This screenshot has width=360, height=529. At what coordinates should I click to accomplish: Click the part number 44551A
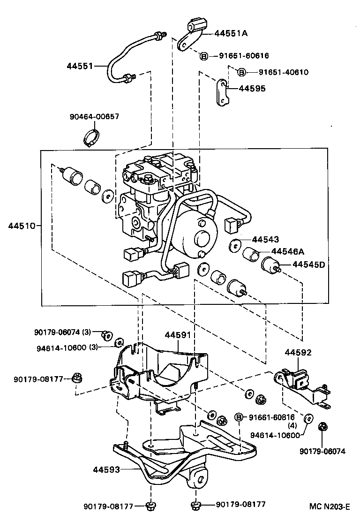click(231, 33)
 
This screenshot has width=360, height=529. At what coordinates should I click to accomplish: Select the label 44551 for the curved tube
click(80, 66)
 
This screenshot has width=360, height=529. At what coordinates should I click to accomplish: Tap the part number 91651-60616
click(244, 56)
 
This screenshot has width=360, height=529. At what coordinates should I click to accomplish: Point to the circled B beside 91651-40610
click(241, 72)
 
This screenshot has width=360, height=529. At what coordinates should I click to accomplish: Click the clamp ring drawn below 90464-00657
click(92, 138)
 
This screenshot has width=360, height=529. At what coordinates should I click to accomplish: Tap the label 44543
click(265, 239)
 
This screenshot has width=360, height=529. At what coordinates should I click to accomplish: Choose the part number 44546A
click(287, 252)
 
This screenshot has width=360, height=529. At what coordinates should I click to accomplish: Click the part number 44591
click(177, 335)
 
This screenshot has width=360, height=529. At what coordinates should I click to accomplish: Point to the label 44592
click(298, 352)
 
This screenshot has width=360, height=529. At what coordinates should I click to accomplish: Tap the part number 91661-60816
click(271, 417)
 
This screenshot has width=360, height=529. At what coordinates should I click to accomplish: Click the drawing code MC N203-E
click(330, 506)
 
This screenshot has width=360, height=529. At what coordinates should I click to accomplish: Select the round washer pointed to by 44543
click(235, 245)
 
